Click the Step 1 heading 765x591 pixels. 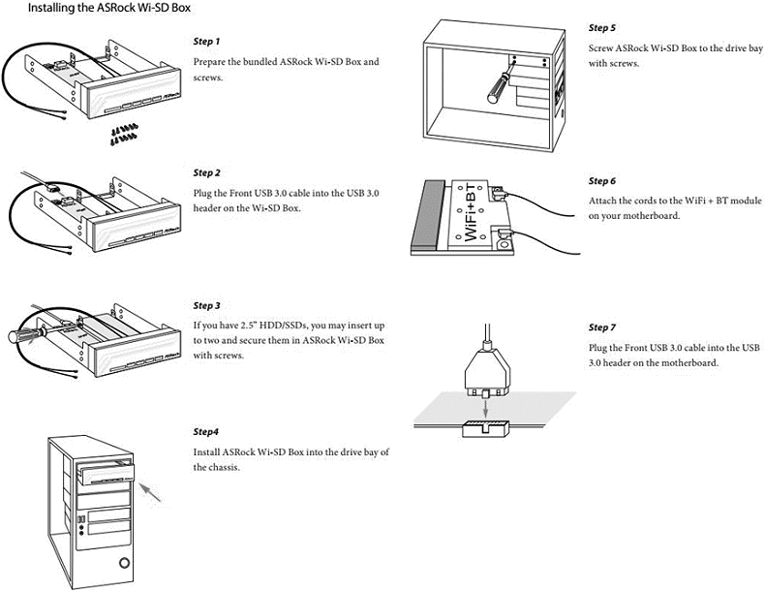[207, 42]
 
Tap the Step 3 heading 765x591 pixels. [207, 305]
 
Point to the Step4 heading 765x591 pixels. [206, 431]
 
